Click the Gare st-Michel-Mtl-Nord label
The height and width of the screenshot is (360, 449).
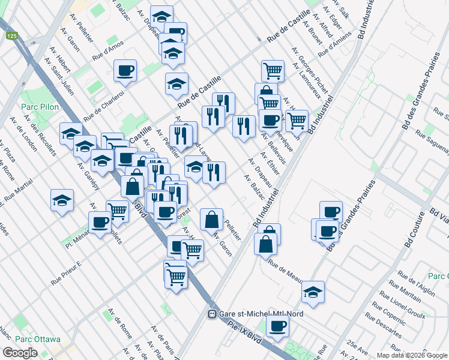(x=261, y=314)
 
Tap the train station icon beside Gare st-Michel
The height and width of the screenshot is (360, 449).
(x=212, y=314)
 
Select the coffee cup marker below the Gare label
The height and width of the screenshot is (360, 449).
(x=277, y=326)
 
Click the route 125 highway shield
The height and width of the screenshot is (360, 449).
(x=12, y=36)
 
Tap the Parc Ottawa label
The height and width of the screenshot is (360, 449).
(x=32, y=338)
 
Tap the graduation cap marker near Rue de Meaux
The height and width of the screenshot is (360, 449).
(x=313, y=292)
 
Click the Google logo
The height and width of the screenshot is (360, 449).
(x=20, y=353)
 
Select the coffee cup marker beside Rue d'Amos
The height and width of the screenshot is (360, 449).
(x=125, y=71)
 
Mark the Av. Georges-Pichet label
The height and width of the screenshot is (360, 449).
(x=310, y=72)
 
